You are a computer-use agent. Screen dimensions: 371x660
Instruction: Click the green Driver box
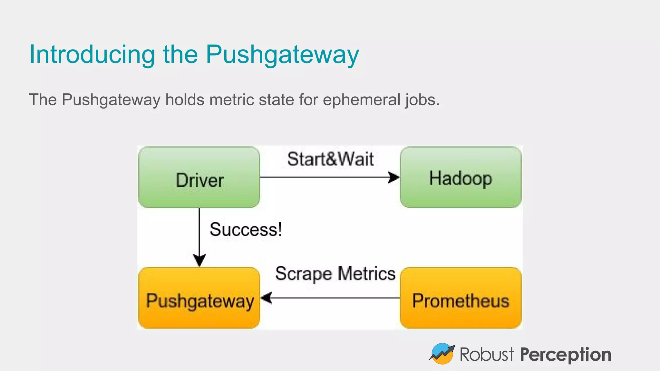[x=199, y=177]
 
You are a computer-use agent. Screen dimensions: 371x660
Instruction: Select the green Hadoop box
[x=461, y=177]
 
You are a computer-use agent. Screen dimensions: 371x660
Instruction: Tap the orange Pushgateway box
[x=199, y=298]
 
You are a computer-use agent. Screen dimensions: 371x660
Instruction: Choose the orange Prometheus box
[x=461, y=298]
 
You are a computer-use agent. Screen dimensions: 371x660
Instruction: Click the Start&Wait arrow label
[x=330, y=159]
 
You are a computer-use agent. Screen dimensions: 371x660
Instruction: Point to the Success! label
[x=246, y=230]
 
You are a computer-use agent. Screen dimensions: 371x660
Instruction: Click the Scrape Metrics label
[x=335, y=274]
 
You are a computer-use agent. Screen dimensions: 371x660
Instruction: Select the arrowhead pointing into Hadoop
[x=394, y=177]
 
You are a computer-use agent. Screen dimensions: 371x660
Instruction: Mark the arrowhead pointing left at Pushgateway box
[x=267, y=298]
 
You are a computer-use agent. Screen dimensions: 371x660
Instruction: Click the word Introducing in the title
[x=92, y=54]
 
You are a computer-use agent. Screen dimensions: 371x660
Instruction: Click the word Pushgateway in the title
[x=282, y=55]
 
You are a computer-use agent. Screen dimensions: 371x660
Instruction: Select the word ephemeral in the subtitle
[x=362, y=100]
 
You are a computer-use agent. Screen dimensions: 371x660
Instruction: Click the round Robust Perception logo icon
[x=442, y=354]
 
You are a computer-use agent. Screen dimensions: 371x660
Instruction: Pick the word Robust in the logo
[x=487, y=355]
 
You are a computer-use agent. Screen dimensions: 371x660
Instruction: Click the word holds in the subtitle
[x=185, y=100]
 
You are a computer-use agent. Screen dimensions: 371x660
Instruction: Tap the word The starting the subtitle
[x=43, y=100]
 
